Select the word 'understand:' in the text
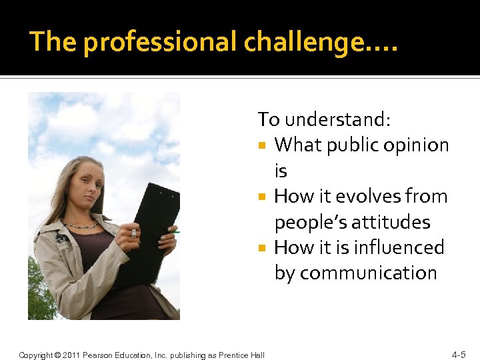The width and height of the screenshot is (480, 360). pyautogui.click(x=338, y=119)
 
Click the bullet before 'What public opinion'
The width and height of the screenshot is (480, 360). pyautogui.click(x=263, y=145)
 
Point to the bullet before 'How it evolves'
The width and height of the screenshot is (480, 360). pyautogui.click(x=263, y=197)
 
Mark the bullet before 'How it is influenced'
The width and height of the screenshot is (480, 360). pyautogui.click(x=263, y=248)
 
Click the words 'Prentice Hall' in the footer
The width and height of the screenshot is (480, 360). pyautogui.click(x=241, y=355)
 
